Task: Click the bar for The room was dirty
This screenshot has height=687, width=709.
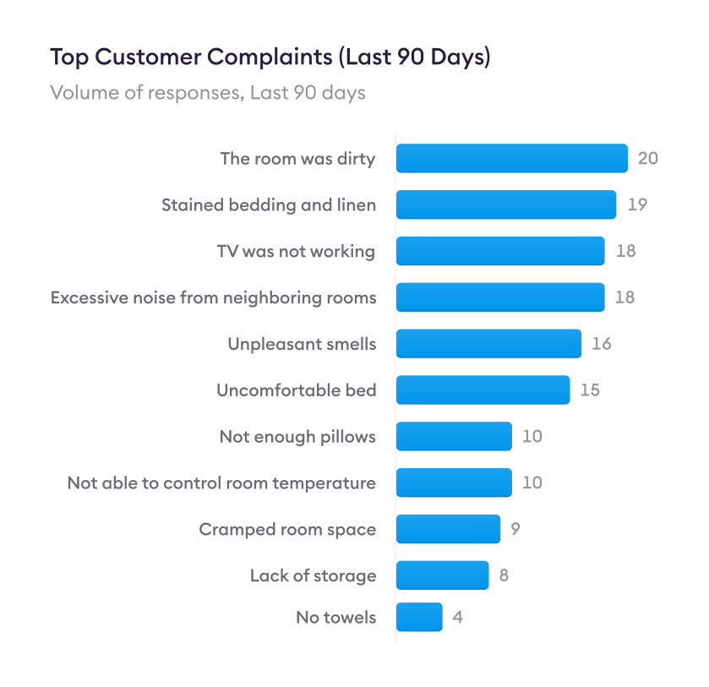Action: (x=511, y=158)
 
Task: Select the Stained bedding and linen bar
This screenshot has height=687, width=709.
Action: (x=505, y=204)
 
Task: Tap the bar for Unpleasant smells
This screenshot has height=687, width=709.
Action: (x=488, y=344)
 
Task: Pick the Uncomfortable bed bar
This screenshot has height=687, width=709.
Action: (x=483, y=390)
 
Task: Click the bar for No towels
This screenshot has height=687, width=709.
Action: (x=419, y=617)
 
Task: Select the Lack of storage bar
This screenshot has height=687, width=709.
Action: (x=442, y=575)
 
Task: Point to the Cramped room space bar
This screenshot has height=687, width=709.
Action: (x=448, y=529)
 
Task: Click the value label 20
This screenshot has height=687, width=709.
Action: (x=647, y=158)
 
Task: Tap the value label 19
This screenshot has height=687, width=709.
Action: (x=636, y=204)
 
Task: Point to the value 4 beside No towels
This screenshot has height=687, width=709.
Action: (x=457, y=617)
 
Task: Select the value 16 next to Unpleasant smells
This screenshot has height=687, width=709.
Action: (x=601, y=344)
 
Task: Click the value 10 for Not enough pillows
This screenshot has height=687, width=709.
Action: (x=532, y=437)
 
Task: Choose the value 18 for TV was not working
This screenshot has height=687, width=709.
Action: (x=624, y=251)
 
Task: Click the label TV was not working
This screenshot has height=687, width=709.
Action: (x=296, y=251)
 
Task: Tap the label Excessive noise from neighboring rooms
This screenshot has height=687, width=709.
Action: (x=213, y=297)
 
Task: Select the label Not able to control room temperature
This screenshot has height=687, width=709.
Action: (x=221, y=483)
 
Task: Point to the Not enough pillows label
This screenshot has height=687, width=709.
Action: (x=297, y=437)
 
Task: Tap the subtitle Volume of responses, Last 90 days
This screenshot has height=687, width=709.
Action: (x=208, y=92)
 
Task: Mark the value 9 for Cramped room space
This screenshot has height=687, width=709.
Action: (x=515, y=529)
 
